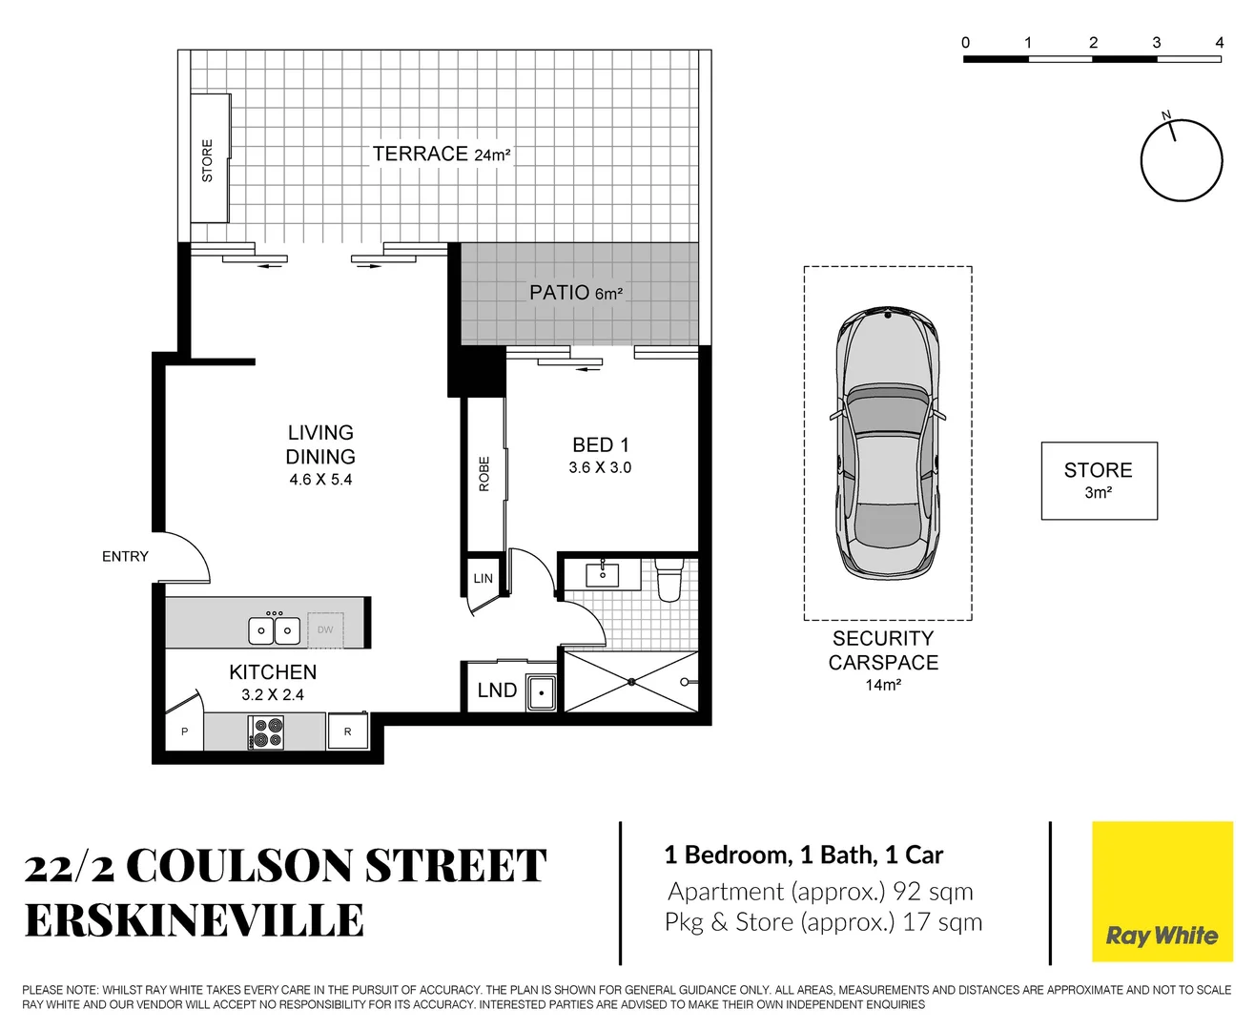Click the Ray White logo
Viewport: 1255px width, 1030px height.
[1161, 893]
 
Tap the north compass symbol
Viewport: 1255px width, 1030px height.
[1182, 160]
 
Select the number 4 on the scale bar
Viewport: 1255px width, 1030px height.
[1219, 42]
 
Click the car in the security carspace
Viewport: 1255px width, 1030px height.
[887, 443]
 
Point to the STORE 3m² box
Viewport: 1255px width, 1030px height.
[1099, 481]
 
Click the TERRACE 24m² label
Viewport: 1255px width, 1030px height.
[441, 154]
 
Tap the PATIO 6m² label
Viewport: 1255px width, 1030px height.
[576, 293]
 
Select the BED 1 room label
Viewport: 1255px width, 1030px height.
[600, 445]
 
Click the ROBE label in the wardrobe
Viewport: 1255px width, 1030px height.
[484, 474]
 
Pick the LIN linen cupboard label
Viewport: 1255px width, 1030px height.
[483, 578]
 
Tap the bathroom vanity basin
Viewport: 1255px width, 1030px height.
[603, 575]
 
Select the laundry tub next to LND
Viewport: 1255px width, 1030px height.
[541, 691]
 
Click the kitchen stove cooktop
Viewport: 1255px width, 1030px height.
[266, 731]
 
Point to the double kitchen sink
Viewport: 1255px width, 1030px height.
[274, 629]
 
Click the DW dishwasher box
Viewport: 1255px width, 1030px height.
[325, 629]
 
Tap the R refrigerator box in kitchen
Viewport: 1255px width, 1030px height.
[348, 731]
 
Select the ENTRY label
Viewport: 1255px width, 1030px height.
[125, 556]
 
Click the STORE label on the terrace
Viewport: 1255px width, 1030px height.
[207, 160]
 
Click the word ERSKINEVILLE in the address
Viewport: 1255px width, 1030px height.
[195, 921]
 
